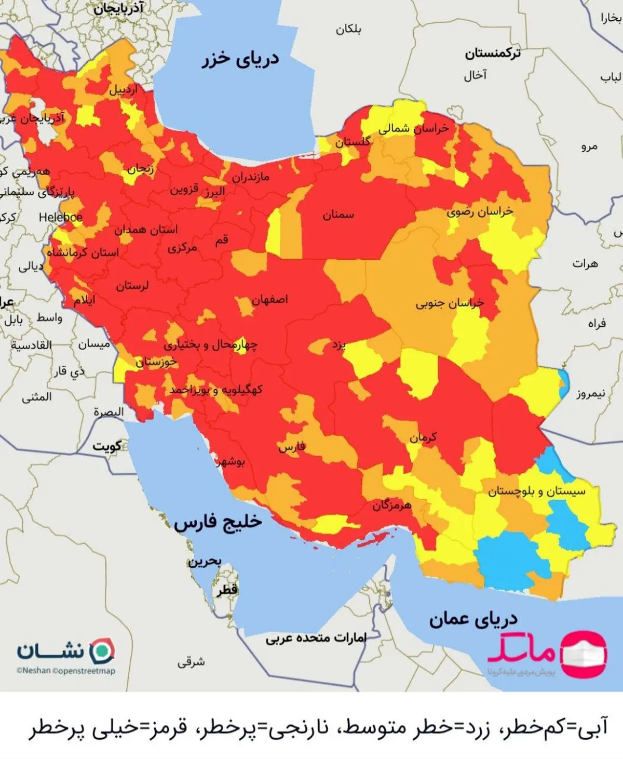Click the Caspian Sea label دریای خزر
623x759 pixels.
[x=240, y=59]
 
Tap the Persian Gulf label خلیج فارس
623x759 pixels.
[x=218, y=522]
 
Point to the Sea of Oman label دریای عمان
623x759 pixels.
[x=473, y=619]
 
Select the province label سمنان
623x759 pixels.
[x=338, y=215]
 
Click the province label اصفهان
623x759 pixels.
[x=269, y=300]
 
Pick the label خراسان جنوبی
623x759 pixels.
[x=450, y=303]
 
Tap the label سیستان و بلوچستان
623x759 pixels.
[x=536, y=491]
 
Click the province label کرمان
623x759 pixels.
[x=423, y=437]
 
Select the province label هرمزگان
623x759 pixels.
[x=391, y=505]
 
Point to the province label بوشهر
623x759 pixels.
[x=231, y=461]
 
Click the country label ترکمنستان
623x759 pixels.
[x=492, y=53]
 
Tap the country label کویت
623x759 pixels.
[x=107, y=446]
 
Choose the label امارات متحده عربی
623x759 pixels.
[x=316, y=638]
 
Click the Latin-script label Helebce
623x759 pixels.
[x=60, y=217]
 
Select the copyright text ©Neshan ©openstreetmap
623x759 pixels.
[x=65, y=671]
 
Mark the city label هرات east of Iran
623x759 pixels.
[x=585, y=264]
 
